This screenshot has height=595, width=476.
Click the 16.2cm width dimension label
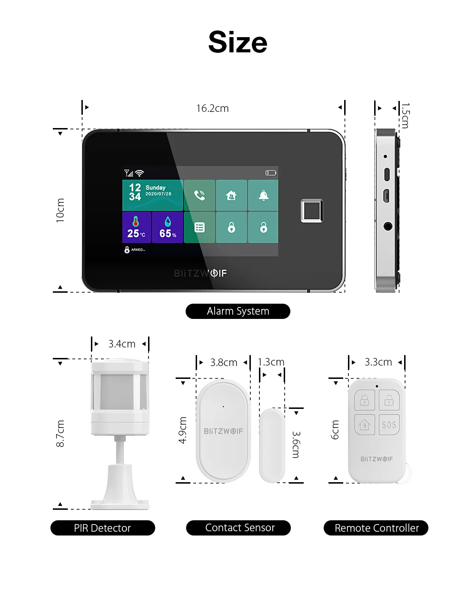coord(212,109)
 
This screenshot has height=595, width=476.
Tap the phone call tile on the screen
coord(199,195)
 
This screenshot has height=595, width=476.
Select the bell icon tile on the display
coord(263,195)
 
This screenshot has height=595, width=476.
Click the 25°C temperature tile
coord(137,227)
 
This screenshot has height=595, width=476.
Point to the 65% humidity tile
coord(168,227)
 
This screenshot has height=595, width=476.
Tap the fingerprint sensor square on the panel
coord(312,210)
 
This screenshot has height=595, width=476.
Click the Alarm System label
coord(238,311)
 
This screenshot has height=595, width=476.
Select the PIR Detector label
coord(103,528)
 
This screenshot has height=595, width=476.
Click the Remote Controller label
coord(376,528)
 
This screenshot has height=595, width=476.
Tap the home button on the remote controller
coord(365,425)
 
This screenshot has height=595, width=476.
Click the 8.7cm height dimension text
coord(60,434)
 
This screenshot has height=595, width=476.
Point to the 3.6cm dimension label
coord(296,445)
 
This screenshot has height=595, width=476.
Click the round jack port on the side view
coord(388,227)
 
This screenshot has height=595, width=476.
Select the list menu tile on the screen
coord(199,227)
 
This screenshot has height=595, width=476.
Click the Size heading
coord(238,42)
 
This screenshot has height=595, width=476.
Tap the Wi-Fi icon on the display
coord(139,173)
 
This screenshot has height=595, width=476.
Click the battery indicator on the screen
coord(271,173)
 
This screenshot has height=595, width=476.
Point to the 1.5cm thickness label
coord(405,116)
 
